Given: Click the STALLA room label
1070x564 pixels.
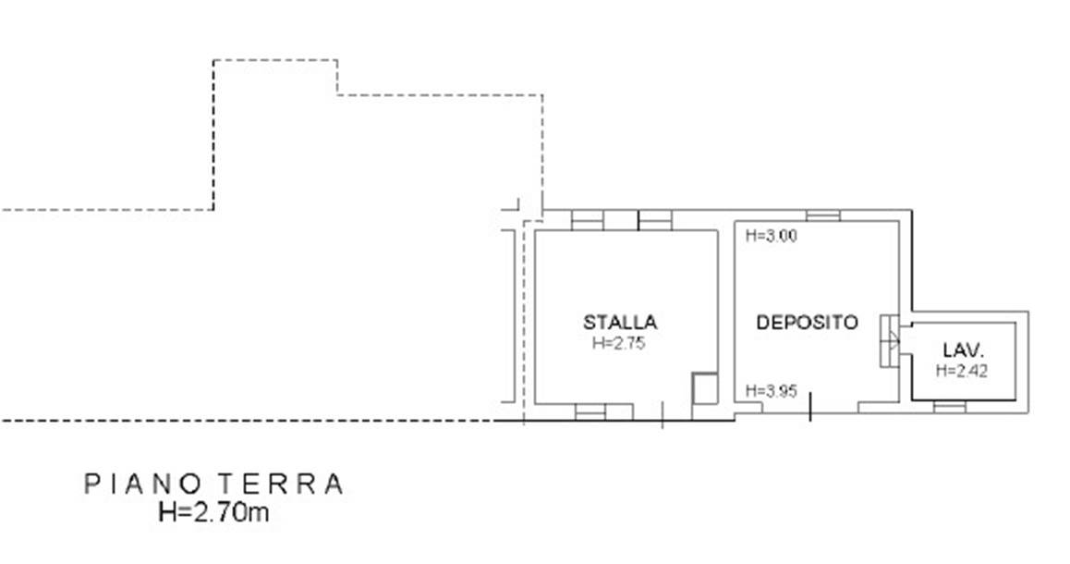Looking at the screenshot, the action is click(620, 322).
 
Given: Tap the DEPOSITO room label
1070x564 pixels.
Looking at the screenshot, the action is click(807, 322).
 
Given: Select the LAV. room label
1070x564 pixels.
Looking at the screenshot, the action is click(964, 351).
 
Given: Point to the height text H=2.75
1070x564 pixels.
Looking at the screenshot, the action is click(618, 343).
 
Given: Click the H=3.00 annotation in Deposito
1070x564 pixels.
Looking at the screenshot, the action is click(772, 237).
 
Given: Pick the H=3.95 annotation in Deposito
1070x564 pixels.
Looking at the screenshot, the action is click(772, 391).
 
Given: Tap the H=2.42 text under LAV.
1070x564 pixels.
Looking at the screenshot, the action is click(962, 371).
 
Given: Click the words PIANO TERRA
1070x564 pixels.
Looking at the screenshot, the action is click(213, 484).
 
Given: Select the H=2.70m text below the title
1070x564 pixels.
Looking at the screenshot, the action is click(213, 511).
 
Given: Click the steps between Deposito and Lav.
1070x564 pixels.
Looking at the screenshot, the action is click(890, 341).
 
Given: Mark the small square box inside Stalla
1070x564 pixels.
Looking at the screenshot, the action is click(705, 387).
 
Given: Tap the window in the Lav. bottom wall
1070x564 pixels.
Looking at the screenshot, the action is click(949, 407).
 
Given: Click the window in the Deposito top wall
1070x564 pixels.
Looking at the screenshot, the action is click(823, 215).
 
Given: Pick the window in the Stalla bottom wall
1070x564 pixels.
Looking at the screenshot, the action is click(590, 411).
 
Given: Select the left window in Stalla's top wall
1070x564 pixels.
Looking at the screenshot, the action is click(588, 221).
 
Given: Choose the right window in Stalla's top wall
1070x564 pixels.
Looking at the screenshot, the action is click(655, 221).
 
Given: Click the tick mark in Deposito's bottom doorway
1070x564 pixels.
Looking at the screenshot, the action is click(810, 406).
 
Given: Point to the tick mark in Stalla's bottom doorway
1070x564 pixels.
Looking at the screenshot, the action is click(663, 414).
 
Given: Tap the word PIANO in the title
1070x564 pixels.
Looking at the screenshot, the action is click(142, 484).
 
